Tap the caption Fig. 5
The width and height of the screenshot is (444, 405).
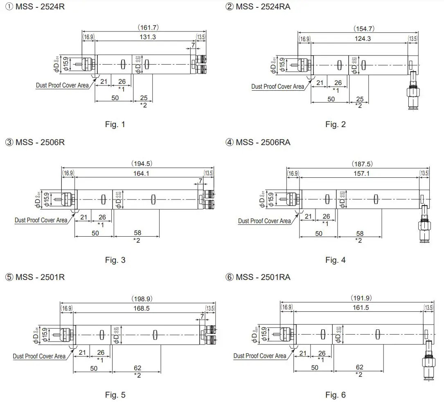click(115, 395)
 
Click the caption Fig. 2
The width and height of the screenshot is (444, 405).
click(335, 124)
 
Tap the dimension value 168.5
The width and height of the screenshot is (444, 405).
click(141, 308)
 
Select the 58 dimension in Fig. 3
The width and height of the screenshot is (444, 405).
click(137, 233)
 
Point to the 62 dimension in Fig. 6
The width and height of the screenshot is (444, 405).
click(359, 367)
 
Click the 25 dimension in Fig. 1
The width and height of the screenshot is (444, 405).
click(143, 98)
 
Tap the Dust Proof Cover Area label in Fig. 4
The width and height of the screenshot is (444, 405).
click(264, 221)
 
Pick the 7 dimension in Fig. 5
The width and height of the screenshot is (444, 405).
click(203, 316)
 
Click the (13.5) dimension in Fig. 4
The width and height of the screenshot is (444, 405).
click(425, 173)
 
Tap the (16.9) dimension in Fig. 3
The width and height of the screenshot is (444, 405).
click(68, 173)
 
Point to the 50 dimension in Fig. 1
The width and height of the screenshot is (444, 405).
click(115, 98)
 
